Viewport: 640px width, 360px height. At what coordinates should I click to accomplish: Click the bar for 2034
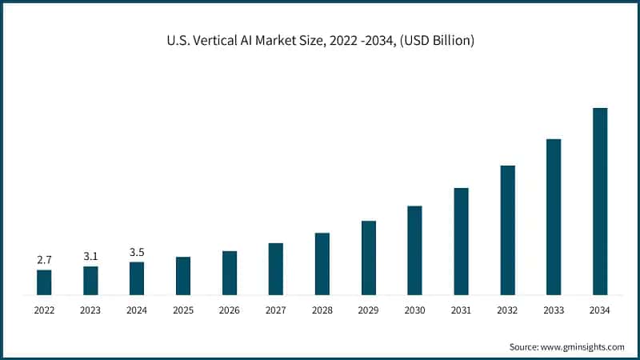click(x=600, y=202)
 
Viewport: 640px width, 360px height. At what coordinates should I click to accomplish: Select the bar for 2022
click(x=44, y=282)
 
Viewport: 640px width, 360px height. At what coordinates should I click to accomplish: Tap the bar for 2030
click(x=414, y=250)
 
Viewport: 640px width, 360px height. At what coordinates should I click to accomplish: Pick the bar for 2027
click(x=276, y=269)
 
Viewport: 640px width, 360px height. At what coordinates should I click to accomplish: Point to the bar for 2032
click(x=507, y=230)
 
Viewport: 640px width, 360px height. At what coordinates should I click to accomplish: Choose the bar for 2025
click(x=183, y=276)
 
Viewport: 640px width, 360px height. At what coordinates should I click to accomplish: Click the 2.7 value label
click(x=44, y=260)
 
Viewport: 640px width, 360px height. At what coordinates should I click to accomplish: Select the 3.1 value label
click(x=90, y=256)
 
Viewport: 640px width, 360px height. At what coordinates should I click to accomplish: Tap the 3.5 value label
click(x=137, y=253)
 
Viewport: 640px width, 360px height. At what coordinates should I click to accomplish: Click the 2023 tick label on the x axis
click(x=90, y=310)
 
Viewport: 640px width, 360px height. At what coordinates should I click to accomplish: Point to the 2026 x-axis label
click(x=230, y=310)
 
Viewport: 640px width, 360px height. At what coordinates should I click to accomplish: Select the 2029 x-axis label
click(x=368, y=310)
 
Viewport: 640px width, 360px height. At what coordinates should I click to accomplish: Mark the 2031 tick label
click(x=461, y=310)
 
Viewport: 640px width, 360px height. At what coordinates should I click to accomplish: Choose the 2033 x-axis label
click(x=554, y=310)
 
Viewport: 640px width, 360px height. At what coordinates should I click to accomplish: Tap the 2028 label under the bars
click(x=322, y=310)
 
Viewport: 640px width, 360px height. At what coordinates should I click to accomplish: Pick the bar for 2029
click(x=368, y=258)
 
